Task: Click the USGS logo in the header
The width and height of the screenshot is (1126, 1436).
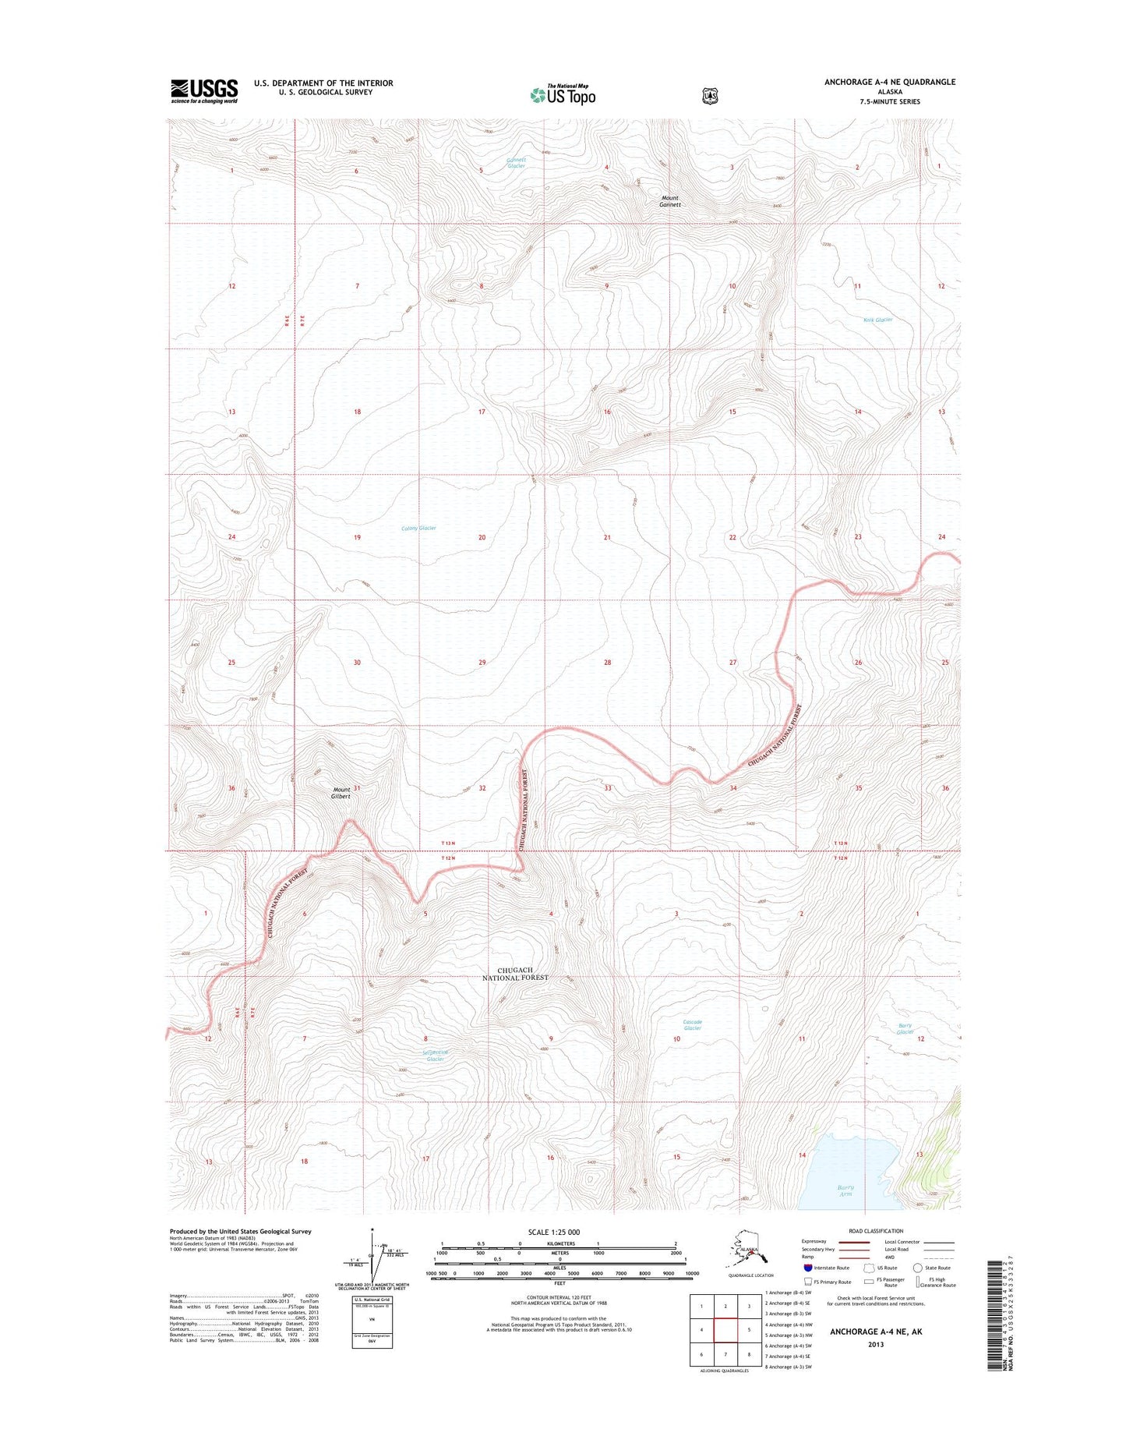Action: tap(204, 91)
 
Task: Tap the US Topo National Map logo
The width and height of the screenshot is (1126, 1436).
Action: tap(563, 94)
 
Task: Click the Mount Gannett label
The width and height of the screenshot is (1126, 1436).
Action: tap(670, 201)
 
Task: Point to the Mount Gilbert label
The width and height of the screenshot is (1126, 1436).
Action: tap(341, 793)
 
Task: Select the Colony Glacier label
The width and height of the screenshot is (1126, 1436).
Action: tap(418, 529)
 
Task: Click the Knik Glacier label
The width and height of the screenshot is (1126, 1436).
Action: tap(877, 320)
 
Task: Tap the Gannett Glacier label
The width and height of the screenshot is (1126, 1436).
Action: tap(516, 163)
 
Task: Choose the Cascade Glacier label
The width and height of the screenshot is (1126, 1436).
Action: tap(692, 1025)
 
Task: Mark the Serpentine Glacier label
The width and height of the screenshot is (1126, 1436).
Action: tap(435, 1056)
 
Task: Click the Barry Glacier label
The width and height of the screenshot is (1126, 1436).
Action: tap(904, 1029)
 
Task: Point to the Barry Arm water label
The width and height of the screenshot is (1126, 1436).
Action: tap(845, 1191)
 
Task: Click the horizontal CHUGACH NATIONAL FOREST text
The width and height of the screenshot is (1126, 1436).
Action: tap(515, 974)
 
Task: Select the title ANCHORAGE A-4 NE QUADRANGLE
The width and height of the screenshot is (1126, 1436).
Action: tap(890, 82)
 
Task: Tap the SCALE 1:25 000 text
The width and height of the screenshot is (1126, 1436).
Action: tap(553, 1233)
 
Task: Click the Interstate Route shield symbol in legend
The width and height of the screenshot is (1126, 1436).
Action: tap(808, 1268)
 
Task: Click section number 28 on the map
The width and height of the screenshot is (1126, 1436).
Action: tap(607, 663)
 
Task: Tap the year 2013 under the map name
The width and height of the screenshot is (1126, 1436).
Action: tap(876, 1344)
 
